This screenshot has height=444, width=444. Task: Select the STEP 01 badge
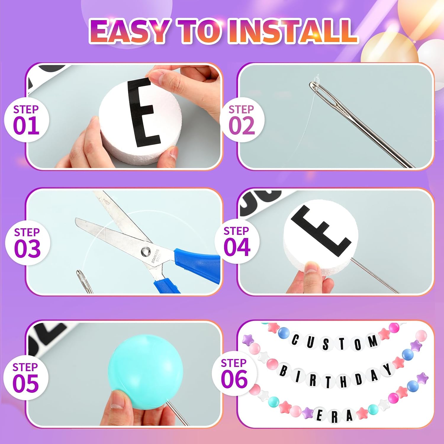pyautogui.click(x=26, y=120)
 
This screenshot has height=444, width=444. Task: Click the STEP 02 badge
pyautogui.click(x=242, y=120)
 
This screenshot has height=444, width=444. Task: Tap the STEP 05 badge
pyautogui.click(x=25, y=378)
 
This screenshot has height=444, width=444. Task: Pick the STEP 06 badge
pyautogui.click(x=234, y=374)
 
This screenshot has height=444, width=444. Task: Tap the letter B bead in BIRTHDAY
pyautogui.click(x=284, y=371)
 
